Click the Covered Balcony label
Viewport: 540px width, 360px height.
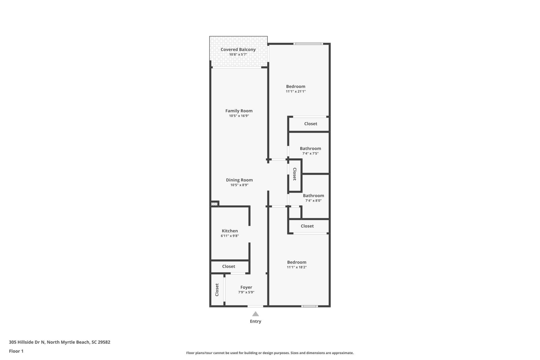point(238,49)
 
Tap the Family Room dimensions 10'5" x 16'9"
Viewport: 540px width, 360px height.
point(239,116)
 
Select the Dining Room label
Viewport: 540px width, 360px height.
point(239,180)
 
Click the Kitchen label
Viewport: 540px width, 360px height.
point(229,231)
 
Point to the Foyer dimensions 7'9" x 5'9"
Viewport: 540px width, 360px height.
point(246,292)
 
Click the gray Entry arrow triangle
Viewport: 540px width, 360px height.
point(255,314)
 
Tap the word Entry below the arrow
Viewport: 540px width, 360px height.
point(255,321)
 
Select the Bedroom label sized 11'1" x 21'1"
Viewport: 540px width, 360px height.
point(296,87)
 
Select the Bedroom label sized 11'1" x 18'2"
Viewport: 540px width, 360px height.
point(296,262)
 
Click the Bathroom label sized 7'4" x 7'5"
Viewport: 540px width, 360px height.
point(310,148)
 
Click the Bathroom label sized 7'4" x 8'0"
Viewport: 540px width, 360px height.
point(313,196)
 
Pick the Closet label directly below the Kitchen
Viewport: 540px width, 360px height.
point(228,266)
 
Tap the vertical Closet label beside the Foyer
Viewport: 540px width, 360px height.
point(217,290)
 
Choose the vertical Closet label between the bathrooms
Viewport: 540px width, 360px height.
point(294,174)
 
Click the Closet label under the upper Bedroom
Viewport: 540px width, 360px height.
point(310,124)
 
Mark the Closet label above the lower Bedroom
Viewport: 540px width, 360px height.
point(307,226)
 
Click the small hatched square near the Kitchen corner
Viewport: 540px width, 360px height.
point(215,204)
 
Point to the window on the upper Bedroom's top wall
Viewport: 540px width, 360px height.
point(308,44)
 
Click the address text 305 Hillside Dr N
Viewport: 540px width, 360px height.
point(27,342)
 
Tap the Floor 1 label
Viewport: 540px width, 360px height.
point(16,351)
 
